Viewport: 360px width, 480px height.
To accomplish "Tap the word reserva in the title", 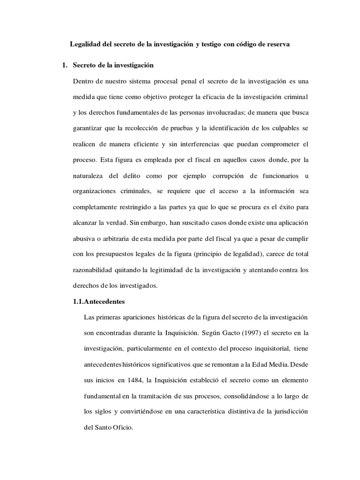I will tap(277, 45).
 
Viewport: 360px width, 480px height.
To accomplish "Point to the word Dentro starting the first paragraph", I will tap(84, 81).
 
